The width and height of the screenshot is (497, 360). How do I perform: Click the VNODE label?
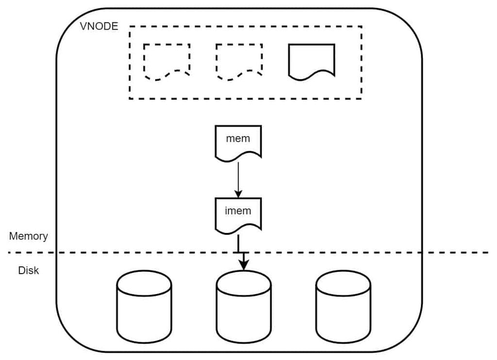(x=99, y=26)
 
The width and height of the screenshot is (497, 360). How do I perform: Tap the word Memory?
(x=29, y=236)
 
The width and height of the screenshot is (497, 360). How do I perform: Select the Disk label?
(x=29, y=270)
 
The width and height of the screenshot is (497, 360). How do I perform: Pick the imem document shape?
(x=238, y=214)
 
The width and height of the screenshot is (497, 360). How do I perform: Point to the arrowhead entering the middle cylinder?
(x=243, y=264)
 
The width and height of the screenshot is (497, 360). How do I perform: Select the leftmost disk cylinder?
(x=144, y=307)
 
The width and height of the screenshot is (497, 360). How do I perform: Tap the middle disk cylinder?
(x=243, y=307)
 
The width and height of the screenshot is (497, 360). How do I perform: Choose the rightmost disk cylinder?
(x=343, y=307)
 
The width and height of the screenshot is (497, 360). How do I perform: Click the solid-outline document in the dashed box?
(x=312, y=61)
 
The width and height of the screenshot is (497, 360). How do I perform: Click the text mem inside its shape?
(x=238, y=138)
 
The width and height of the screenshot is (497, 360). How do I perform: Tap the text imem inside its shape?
(x=238, y=211)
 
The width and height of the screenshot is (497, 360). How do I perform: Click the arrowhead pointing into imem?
(x=238, y=194)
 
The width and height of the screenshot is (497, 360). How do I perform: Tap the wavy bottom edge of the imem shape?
(x=238, y=228)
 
